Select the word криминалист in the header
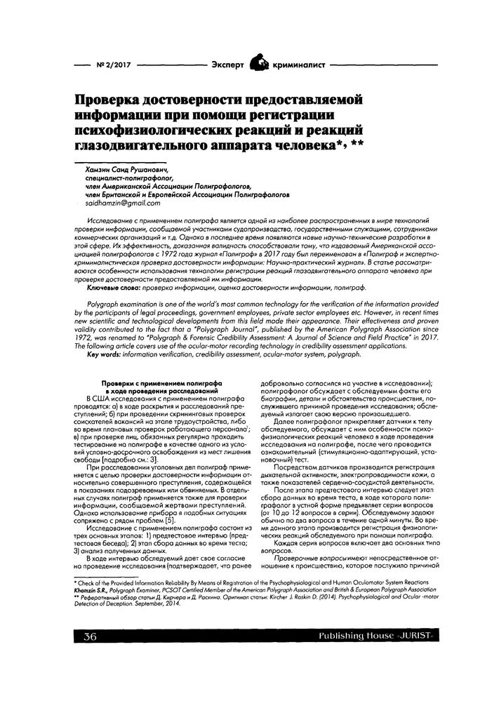[x=298, y=64]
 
